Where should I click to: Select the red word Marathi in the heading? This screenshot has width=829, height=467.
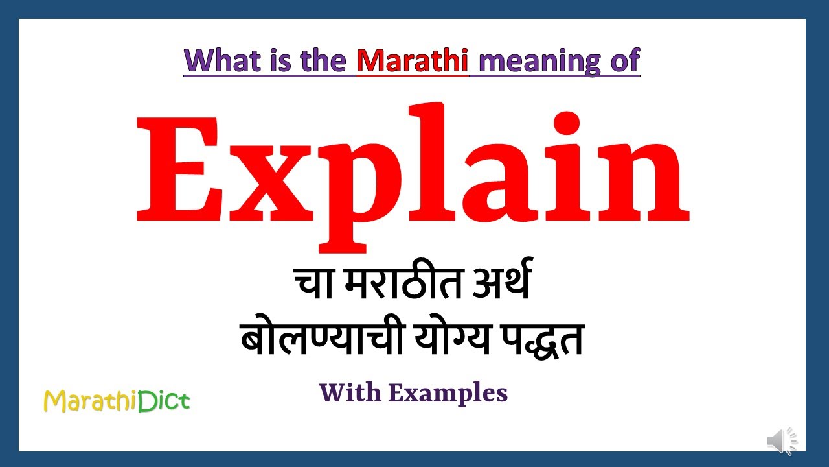click(413, 60)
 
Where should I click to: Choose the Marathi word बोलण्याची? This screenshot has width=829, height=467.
click(314, 339)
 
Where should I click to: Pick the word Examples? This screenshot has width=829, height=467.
click(448, 393)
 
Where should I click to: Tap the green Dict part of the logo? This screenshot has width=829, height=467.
click(165, 401)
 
